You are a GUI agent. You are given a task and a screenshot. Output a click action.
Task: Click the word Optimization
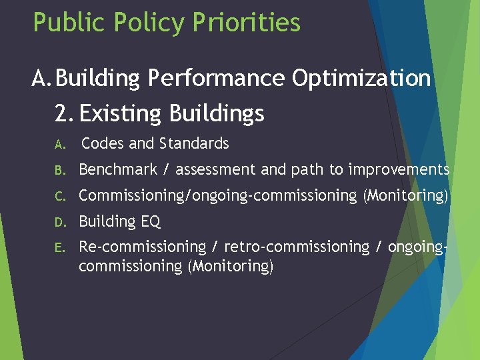pos(361,79)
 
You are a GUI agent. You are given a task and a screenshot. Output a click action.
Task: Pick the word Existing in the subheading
pos(123,113)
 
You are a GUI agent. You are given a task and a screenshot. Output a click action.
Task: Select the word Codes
pos(102,143)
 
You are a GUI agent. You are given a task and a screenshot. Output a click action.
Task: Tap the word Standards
pos(193,143)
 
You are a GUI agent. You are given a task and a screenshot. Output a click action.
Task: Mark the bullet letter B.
pos(59,170)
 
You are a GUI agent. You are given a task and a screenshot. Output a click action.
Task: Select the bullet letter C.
pos(59,196)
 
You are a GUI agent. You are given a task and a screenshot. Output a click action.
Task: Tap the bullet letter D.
pos(59,221)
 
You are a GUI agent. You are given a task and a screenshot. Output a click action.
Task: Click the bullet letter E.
pos(59,247)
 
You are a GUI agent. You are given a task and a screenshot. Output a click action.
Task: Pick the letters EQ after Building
pos(151,221)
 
